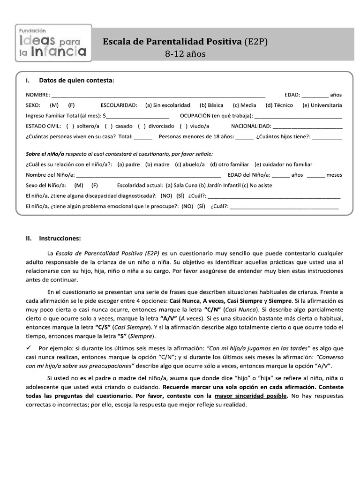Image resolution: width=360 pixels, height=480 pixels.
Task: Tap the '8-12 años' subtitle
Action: [185, 54]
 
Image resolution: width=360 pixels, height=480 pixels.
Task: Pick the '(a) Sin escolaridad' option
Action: [167, 105]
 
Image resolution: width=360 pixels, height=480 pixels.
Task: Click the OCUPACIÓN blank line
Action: [298, 116]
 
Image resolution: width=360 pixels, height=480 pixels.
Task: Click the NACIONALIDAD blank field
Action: [307, 127]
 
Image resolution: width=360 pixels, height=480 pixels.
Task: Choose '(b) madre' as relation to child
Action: [157, 165]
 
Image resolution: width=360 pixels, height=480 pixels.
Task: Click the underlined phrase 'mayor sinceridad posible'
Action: [249, 396]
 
